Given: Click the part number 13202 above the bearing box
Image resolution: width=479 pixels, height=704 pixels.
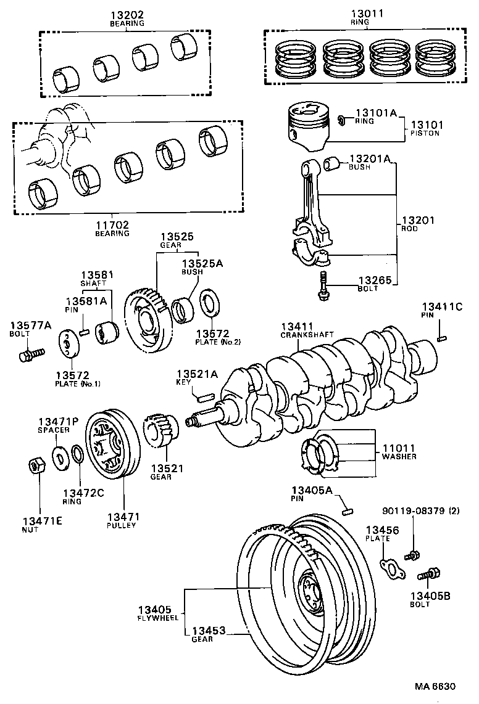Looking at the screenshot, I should click(x=127, y=14).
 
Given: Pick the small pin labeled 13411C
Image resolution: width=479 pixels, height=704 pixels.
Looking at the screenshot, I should click(x=442, y=337).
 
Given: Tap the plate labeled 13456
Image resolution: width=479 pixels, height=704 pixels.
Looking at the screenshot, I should click(x=390, y=568).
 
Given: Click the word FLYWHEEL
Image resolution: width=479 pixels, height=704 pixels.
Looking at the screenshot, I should click(x=157, y=617).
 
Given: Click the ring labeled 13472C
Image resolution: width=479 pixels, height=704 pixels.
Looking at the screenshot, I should click(x=78, y=456).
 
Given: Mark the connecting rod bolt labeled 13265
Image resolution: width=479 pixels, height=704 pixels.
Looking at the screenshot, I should click(x=322, y=286).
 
